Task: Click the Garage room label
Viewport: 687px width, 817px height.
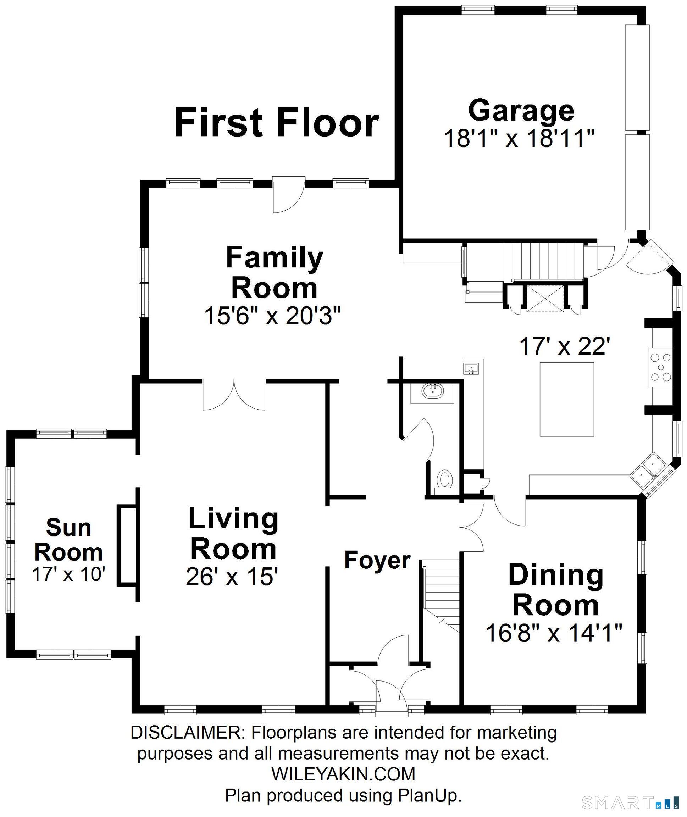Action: click(521, 111)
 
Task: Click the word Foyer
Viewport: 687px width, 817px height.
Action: click(377, 561)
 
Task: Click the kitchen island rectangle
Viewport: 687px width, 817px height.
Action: click(567, 399)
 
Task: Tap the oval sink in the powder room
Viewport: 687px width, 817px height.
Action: click(433, 390)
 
